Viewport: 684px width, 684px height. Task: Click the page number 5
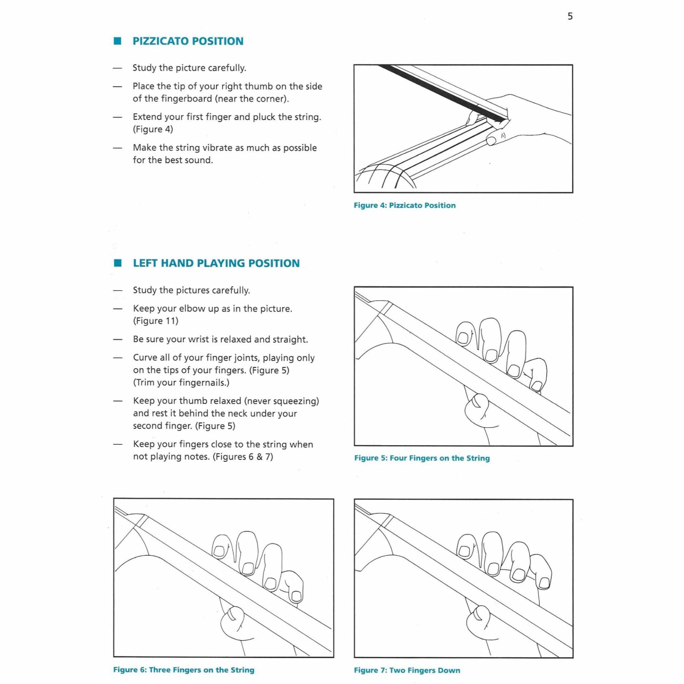tap(570, 16)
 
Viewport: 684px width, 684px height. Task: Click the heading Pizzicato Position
tap(188, 41)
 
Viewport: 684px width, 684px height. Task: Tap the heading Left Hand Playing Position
tap(216, 263)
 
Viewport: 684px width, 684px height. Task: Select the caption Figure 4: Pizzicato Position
tap(404, 205)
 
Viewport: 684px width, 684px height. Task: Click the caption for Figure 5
tap(422, 458)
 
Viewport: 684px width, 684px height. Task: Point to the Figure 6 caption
tap(183, 670)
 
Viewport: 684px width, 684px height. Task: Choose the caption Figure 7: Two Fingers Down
tap(407, 670)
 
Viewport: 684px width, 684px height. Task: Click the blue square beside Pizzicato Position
tap(117, 41)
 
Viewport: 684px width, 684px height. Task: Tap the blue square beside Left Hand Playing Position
tap(117, 263)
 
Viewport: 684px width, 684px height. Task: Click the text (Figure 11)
tap(155, 321)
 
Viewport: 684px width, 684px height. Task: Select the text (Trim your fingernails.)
tap(181, 383)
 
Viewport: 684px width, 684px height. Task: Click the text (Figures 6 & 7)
tap(243, 457)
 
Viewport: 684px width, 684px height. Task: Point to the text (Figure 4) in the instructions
tap(153, 129)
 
